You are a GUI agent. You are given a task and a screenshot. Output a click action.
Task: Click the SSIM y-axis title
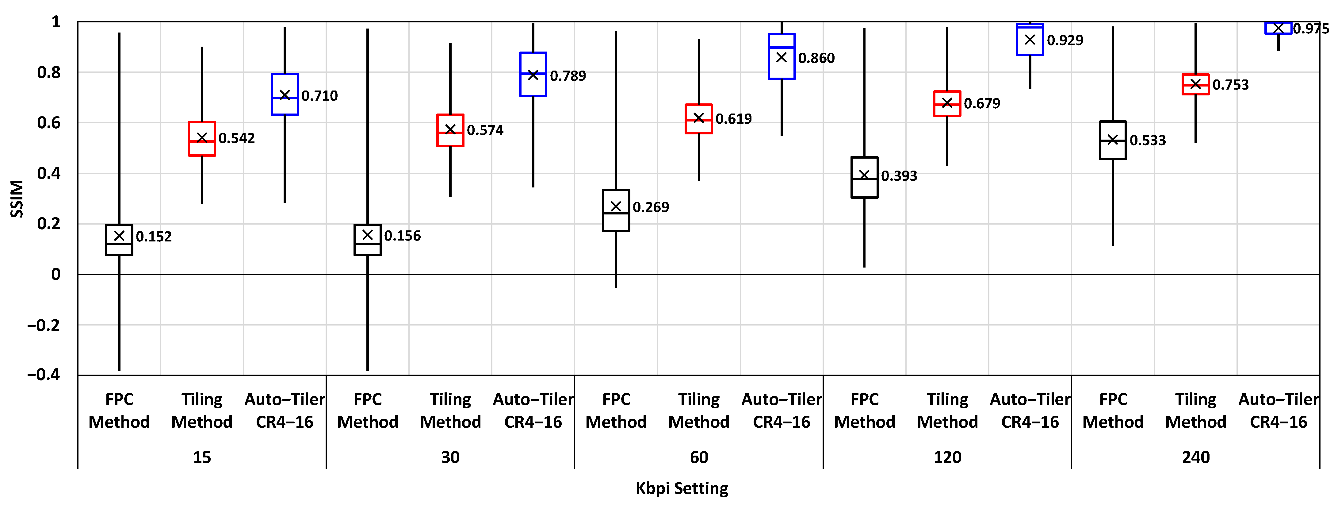click(x=17, y=199)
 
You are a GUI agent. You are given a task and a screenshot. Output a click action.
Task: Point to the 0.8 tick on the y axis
click(x=49, y=72)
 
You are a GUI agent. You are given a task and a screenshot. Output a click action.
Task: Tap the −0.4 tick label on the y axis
click(x=44, y=375)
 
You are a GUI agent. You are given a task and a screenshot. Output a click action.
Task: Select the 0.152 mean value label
click(x=154, y=237)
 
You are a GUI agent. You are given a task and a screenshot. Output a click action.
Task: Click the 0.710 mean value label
click(x=319, y=96)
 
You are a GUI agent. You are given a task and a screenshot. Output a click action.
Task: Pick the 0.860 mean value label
click(x=817, y=58)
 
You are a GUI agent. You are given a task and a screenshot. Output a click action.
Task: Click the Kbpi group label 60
click(x=699, y=457)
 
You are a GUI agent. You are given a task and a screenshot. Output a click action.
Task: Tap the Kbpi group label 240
click(x=1196, y=457)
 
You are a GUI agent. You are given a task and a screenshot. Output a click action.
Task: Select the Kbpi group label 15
click(x=202, y=457)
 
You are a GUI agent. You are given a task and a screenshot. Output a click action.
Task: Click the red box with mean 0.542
click(x=202, y=139)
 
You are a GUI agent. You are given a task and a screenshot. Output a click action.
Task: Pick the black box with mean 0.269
click(x=616, y=210)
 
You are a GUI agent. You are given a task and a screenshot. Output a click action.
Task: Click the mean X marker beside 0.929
click(x=1030, y=40)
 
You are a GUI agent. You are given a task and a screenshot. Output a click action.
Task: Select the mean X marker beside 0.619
click(x=699, y=118)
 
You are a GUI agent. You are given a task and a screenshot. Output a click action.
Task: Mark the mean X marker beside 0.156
click(x=368, y=235)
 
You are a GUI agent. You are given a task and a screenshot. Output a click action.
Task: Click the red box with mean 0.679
click(x=947, y=104)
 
